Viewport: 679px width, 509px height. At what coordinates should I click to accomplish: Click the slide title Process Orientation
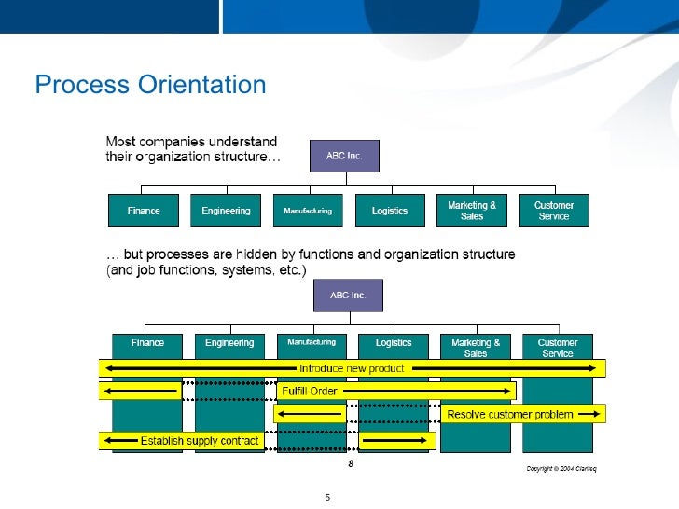150,86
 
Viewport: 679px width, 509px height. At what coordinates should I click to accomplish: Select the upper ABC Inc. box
343,156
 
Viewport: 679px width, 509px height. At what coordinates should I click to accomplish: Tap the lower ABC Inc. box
348,296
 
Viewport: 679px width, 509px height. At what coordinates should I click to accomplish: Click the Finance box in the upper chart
144,211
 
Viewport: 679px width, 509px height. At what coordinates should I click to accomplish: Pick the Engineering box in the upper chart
226,211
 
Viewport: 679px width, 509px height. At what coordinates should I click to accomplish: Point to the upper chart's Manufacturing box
308,211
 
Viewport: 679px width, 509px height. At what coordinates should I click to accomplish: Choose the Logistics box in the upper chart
390,211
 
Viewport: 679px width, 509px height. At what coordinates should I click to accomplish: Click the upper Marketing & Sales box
472,211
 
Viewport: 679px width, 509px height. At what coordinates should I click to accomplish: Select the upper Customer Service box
554,211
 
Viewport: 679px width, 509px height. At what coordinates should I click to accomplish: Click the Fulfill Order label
309,391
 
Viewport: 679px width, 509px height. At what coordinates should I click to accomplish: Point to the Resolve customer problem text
510,414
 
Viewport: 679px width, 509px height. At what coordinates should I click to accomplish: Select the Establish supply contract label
200,441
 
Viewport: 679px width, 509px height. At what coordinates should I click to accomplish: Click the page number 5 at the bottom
327,497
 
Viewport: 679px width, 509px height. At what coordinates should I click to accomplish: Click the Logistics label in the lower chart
394,343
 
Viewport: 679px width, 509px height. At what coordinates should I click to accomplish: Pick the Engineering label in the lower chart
229,343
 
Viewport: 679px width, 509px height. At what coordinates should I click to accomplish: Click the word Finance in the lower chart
147,343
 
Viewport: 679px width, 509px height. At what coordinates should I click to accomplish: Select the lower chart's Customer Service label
558,348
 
